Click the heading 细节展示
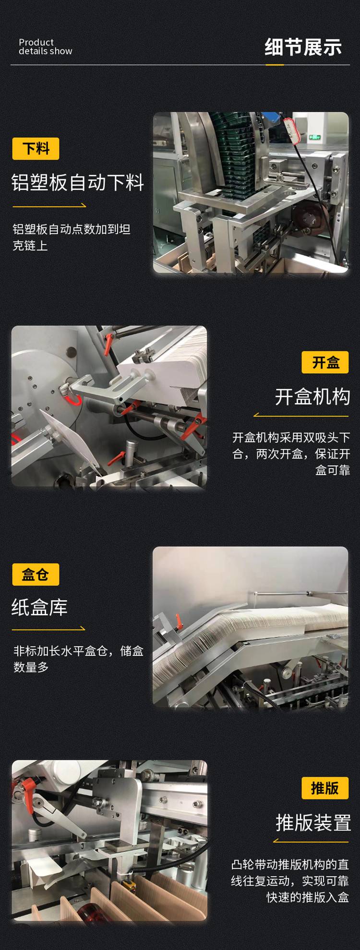point(303,47)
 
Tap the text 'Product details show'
point(45,47)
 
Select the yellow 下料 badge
point(36,149)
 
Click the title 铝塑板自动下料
point(78,182)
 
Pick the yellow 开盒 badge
point(325,362)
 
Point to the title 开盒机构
point(312,397)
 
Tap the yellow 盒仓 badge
point(36,574)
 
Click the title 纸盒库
point(39,607)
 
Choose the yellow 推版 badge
point(325,788)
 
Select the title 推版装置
point(313,823)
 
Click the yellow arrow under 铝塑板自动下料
point(49,206)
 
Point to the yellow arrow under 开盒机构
point(301,415)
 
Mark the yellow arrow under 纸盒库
point(48,629)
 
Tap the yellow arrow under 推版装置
point(311,841)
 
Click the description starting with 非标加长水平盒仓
point(78,659)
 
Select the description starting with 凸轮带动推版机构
point(290,881)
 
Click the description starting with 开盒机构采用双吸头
point(291,453)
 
